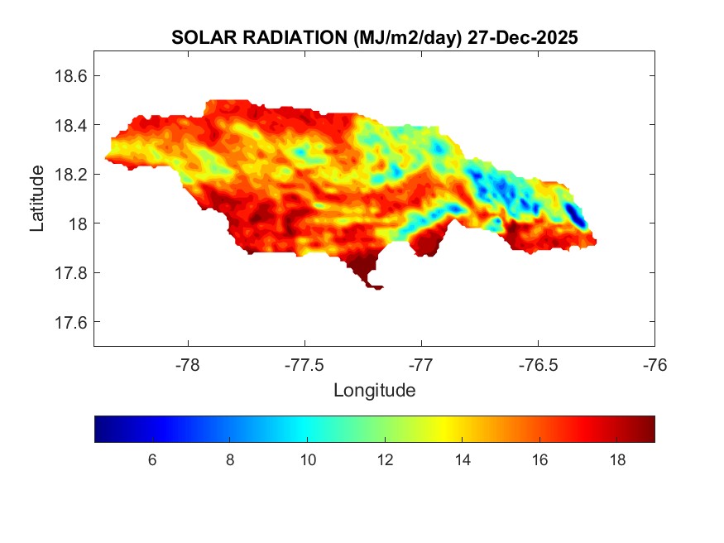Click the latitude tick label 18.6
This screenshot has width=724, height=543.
(x=70, y=76)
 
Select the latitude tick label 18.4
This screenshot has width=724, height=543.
(x=70, y=125)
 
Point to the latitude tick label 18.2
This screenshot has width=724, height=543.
(x=70, y=175)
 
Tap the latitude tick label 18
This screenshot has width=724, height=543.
(x=75, y=223)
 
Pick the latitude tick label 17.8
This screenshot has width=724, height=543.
(x=70, y=273)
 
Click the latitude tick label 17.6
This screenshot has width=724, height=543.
(x=70, y=322)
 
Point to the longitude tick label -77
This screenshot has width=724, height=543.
(x=421, y=363)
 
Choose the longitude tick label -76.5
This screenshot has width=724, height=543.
(x=538, y=363)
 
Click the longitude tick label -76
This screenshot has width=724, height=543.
(x=654, y=363)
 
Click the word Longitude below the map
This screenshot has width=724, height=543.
(x=374, y=389)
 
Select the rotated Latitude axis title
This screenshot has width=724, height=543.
(x=37, y=199)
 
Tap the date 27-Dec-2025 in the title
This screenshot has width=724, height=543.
(x=522, y=38)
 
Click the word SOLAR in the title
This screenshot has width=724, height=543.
(x=197, y=38)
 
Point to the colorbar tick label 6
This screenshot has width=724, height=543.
(x=152, y=460)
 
